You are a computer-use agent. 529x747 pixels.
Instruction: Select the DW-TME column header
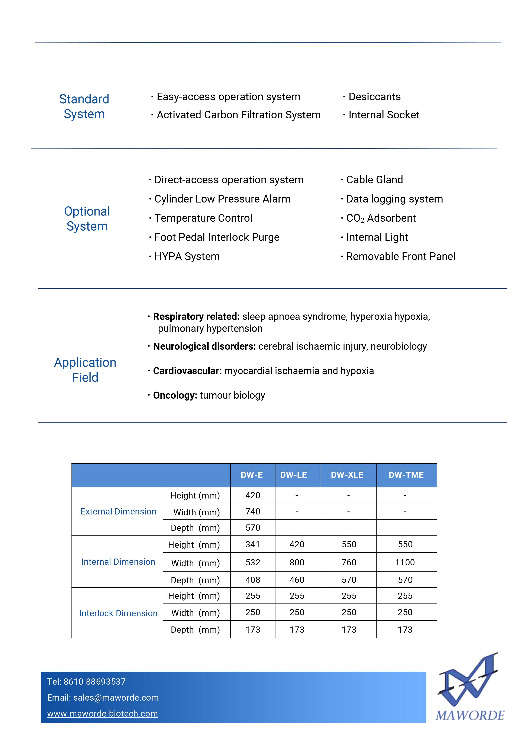(x=406, y=475)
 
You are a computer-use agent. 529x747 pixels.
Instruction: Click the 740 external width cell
(x=253, y=511)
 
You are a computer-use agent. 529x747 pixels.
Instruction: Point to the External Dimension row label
(x=118, y=511)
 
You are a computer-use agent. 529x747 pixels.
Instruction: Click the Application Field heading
(x=85, y=370)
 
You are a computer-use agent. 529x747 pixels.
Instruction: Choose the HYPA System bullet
(x=187, y=256)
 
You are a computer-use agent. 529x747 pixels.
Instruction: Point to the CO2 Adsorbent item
(x=381, y=218)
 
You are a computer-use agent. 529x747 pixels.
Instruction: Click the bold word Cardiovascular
(x=187, y=371)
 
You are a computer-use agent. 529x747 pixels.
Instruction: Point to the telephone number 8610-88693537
(x=94, y=682)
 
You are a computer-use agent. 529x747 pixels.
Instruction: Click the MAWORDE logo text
(x=470, y=715)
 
